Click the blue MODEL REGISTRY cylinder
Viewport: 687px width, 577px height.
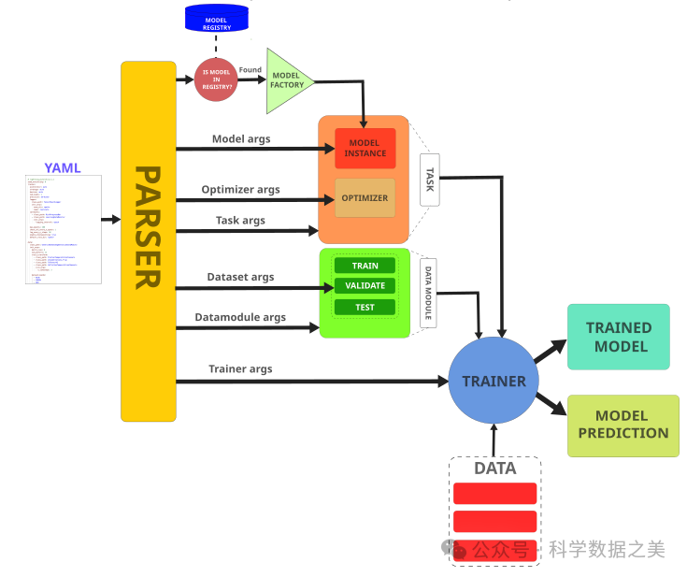pos(216,19)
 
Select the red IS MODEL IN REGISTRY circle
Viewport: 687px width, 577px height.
pos(215,79)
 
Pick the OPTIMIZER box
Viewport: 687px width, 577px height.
pos(365,198)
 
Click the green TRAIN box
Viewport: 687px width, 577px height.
pos(365,266)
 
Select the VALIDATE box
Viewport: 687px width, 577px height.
pos(365,286)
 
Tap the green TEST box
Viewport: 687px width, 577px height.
pos(365,307)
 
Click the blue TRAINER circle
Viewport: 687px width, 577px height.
pos(494,381)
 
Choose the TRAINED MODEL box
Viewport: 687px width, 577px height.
pos(618,337)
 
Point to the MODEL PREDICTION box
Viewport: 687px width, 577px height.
pos(623,426)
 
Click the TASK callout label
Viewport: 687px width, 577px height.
pos(430,180)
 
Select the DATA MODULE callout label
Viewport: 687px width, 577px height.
pos(429,292)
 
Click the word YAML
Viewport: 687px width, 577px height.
pos(63,168)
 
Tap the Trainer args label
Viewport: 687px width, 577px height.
pos(240,368)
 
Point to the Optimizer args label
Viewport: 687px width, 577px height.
pos(240,190)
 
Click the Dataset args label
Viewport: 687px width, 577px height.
pos(240,277)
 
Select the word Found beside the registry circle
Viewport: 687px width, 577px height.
pos(250,69)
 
